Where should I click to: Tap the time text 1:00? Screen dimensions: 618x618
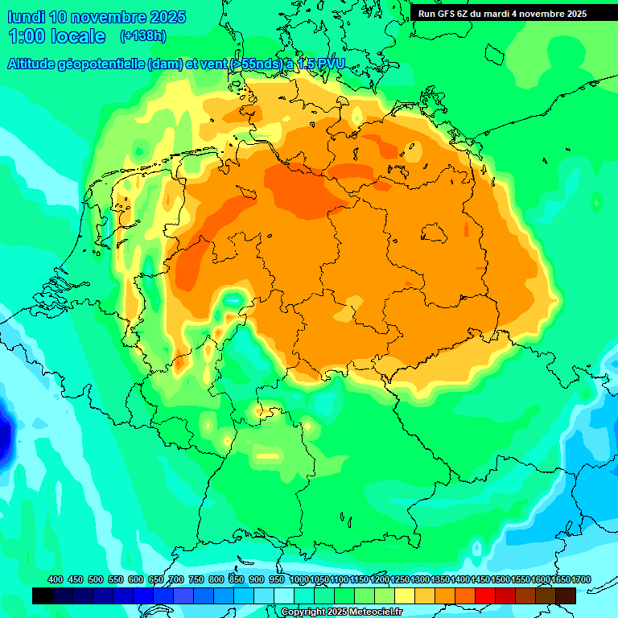click(25, 36)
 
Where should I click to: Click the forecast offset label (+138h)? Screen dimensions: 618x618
click(142, 36)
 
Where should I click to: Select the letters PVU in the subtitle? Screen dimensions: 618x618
click(329, 64)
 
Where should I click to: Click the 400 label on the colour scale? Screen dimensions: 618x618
click(56, 579)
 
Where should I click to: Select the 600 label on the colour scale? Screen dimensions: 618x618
click(136, 579)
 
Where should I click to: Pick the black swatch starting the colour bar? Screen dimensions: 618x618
click(43, 595)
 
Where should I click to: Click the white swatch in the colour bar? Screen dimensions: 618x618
click(284, 595)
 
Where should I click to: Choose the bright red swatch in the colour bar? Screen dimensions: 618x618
click(485, 595)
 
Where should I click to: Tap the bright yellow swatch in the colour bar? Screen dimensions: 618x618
click(405, 595)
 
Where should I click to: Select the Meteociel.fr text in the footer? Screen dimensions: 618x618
click(376, 612)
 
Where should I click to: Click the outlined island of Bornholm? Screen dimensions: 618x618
click(435, 233)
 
